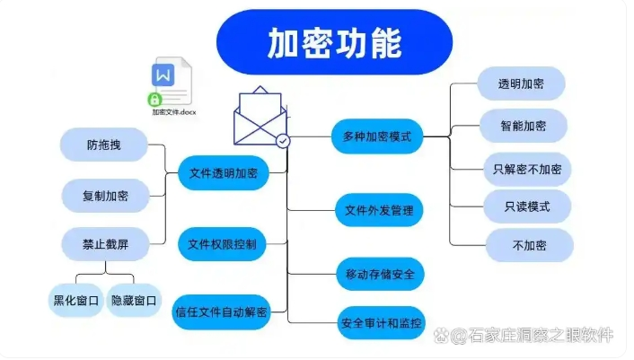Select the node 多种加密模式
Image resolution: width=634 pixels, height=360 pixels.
tap(377, 136)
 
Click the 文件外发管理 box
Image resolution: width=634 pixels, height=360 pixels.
tap(379, 210)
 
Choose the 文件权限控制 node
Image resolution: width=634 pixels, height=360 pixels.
tap(222, 242)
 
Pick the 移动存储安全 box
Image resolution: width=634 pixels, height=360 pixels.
tap(379, 273)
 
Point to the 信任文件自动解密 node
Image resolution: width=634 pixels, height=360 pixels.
tap(221, 312)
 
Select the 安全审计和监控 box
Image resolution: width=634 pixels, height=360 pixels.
tap(381, 320)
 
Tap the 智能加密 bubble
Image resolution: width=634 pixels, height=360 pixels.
tap(524, 126)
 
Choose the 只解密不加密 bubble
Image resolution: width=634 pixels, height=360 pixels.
tap(527, 168)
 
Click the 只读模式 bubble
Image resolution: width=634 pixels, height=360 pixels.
tap(527, 206)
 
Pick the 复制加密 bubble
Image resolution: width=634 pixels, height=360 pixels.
tap(105, 195)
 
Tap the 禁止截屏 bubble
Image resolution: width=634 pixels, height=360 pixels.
tap(105, 242)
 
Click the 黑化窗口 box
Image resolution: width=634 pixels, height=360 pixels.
tap(75, 300)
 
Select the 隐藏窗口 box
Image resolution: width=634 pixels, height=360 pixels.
tap(134, 300)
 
